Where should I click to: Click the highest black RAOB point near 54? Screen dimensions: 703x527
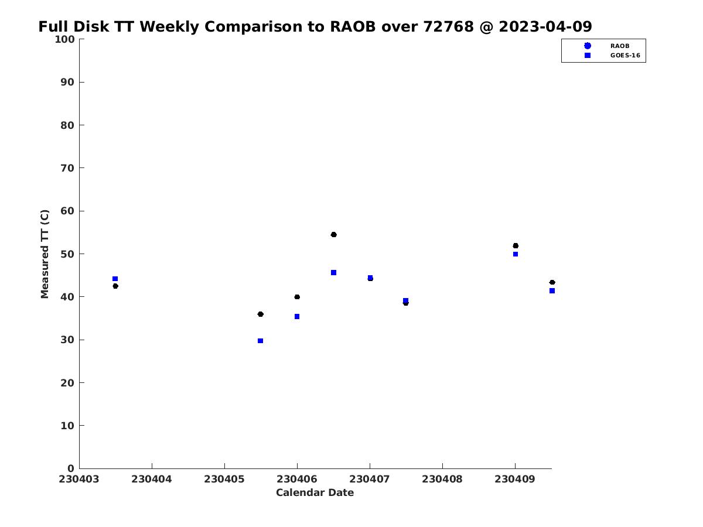click(x=333, y=235)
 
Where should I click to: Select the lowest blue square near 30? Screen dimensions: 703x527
click(x=260, y=341)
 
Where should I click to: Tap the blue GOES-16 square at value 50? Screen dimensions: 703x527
click(x=516, y=254)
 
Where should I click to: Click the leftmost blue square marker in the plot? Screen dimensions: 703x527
click(x=115, y=279)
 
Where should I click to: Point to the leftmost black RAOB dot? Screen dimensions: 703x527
click(x=115, y=286)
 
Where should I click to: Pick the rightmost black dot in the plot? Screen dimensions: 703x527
click(x=552, y=282)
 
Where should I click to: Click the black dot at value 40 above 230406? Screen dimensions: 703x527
click(x=297, y=297)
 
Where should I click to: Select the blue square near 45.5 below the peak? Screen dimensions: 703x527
click(x=333, y=273)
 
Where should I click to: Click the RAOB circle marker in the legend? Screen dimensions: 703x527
click(x=588, y=46)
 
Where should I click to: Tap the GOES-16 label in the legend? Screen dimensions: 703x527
click(x=625, y=56)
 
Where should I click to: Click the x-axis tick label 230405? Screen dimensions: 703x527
click(x=224, y=479)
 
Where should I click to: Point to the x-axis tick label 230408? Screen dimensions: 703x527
click(x=442, y=479)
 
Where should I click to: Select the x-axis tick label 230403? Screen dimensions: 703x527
click(x=79, y=479)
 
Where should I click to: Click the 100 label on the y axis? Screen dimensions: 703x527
click(x=64, y=39)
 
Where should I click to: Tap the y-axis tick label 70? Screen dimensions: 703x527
click(x=67, y=168)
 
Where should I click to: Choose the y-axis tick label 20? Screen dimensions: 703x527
click(x=67, y=383)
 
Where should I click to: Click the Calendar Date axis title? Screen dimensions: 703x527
click(x=315, y=492)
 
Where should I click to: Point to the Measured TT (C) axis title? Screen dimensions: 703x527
click(x=45, y=254)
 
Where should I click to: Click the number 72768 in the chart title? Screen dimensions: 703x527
click(x=448, y=26)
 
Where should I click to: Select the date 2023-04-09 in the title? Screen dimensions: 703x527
click(x=545, y=26)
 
